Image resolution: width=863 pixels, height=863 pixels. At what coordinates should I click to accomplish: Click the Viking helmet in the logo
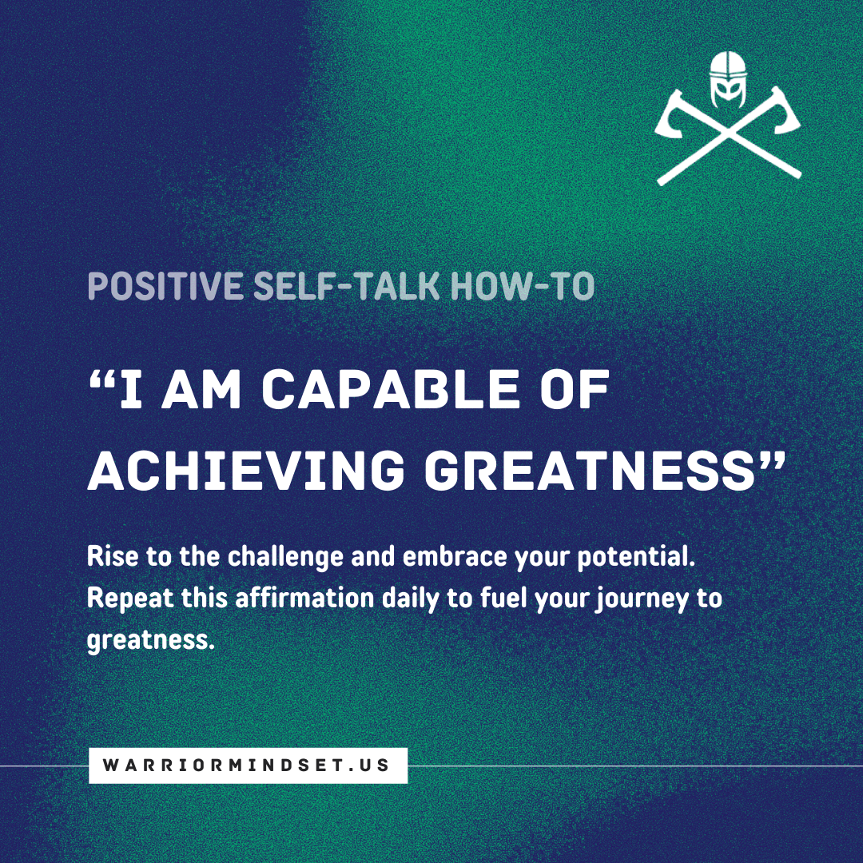pos(728,79)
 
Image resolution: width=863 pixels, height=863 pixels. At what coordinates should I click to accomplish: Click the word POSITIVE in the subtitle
pos(165,286)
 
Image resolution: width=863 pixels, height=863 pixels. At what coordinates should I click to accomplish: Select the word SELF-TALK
pos(346,286)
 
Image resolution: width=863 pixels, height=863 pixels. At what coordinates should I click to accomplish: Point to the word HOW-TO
pos(523,286)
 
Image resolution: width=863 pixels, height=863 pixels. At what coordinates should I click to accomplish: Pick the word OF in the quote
pos(575,388)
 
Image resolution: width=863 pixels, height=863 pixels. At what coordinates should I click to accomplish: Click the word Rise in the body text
pos(113,556)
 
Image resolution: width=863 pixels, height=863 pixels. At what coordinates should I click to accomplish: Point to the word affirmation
pos(304,598)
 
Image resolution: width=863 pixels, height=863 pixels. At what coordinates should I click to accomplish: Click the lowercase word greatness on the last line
pos(150,641)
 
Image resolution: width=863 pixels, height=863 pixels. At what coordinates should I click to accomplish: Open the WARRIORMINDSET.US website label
pos(248,765)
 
